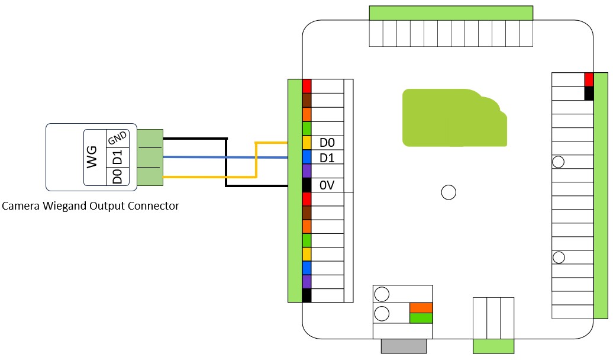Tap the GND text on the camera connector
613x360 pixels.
coord(117,139)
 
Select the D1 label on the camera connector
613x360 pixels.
coord(117,158)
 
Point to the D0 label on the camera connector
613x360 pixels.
coord(117,176)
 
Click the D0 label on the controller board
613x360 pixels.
coord(327,143)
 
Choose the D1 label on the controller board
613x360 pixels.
coord(327,157)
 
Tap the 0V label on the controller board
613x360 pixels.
coord(327,185)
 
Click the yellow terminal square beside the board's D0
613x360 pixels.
coord(306,143)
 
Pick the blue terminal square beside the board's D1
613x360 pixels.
coord(306,157)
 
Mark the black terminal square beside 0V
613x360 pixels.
coord(306,185)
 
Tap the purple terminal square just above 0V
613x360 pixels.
coord(306,171)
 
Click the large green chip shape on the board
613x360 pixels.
coord(453,118)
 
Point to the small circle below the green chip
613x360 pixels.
coord(449,192)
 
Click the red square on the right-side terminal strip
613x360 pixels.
coord(589,79)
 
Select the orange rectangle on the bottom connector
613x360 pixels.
coord(421,308)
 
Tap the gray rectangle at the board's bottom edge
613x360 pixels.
coord(404,346)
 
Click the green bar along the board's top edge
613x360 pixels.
coord(451,14)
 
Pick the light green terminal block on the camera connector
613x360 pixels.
coord(150,158)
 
